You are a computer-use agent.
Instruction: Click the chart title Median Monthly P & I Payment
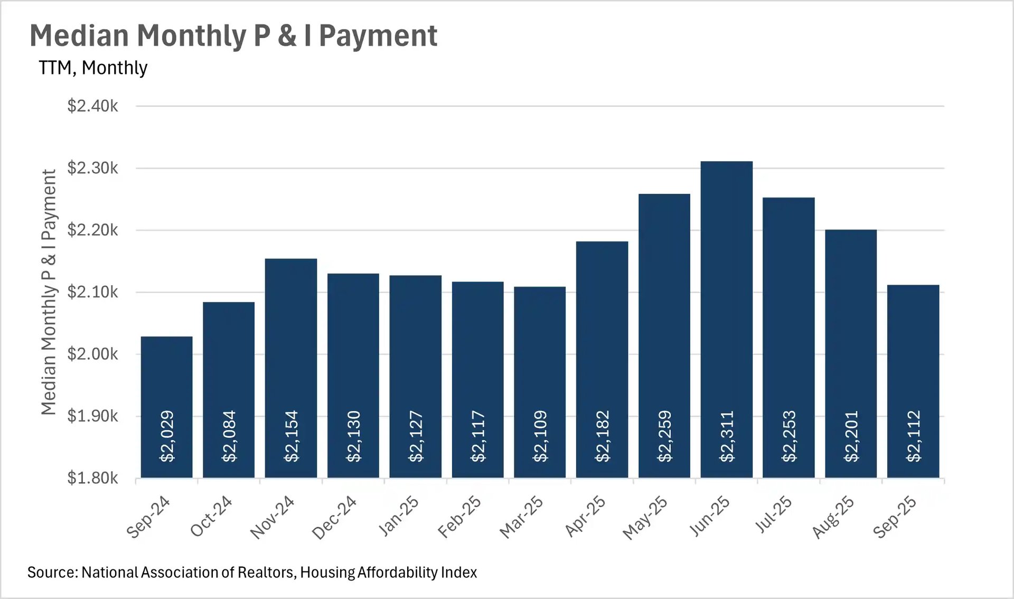(x=233, y=36)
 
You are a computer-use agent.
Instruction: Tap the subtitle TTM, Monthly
(x=93, y=68)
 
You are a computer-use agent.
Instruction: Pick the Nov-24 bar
(x=291, y=343)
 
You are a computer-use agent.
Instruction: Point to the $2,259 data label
(x=664, y=436)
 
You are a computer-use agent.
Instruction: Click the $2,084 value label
(x=229, y=436)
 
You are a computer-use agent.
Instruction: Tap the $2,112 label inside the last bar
(x=913, y=436)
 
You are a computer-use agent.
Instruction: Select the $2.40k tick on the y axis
(x=93, y=106)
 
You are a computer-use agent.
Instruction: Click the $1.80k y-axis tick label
(x=93, y=478)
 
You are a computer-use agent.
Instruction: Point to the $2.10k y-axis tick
(x=93, y=292)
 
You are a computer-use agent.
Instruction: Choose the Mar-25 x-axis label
(x=521, y=517)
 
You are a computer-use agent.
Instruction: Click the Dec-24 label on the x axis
(x=334, y=517)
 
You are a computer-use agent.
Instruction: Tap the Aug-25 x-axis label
(x=833, y=517)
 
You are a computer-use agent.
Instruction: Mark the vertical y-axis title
(x=49, y=292)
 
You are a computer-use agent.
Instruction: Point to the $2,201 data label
(x=851, y=436)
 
